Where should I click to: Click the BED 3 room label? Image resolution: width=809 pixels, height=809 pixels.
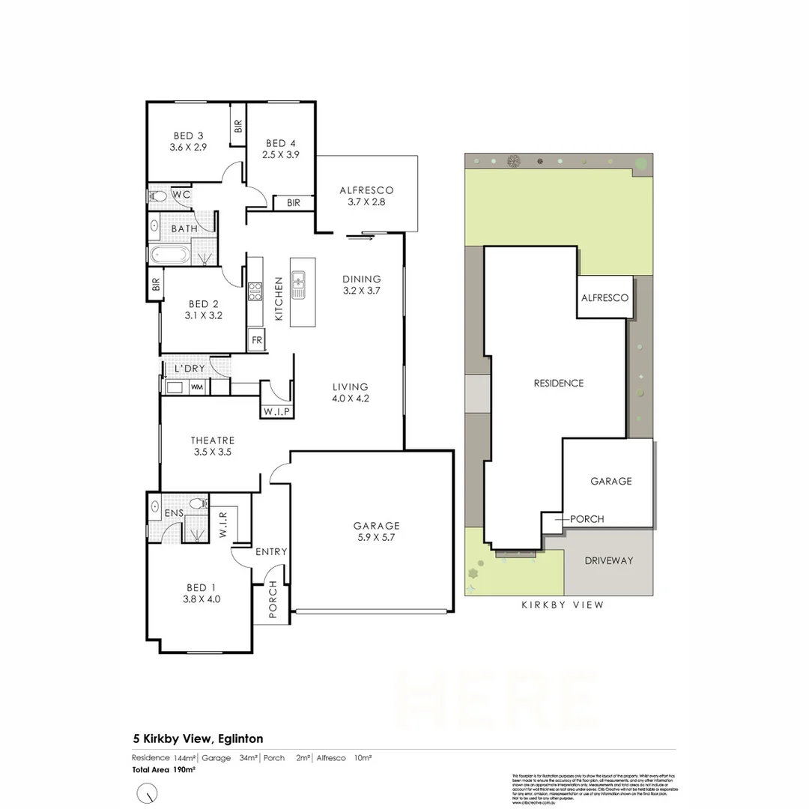pyautogui.click(x=188, y=136)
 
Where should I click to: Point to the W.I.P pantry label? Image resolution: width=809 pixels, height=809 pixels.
pyautogui.click(x=276, y=413)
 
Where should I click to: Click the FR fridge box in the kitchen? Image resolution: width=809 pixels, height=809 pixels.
pyautogui.click(x=256, y=339)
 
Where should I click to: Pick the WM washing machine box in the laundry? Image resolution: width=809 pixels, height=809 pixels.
pyautogui.click(x=197, y=387)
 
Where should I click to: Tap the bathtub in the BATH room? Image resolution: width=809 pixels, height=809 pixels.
pyautogui.click(x=169, y=254)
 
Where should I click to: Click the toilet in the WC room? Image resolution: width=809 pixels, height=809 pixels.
pyautogui.click(x=158, y=196)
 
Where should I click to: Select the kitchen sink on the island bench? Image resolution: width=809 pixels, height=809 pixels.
pyautogui.click(x=298, y=283)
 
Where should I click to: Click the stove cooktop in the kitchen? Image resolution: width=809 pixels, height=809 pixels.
pyautogui.click(x=255, y=291)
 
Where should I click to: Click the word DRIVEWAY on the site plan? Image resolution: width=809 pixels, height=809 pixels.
pyautogui.click(x=609, y=560)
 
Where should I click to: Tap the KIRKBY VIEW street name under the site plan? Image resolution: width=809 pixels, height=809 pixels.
pyautogui.click(x=562, y=605)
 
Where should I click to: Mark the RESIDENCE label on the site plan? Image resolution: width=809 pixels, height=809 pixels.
pyautogui.click(x=558, y=383)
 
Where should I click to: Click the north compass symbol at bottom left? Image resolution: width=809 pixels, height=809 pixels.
pyautogui.click(x=148, y=792)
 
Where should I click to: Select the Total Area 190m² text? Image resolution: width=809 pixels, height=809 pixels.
pyautogui.click(x=164, y=769)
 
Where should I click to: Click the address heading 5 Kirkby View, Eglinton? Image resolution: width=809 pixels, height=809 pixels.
pyautogui.click(x=197, y=739)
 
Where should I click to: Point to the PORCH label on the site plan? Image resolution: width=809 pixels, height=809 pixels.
pyautogui.click(x=587, y=519)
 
